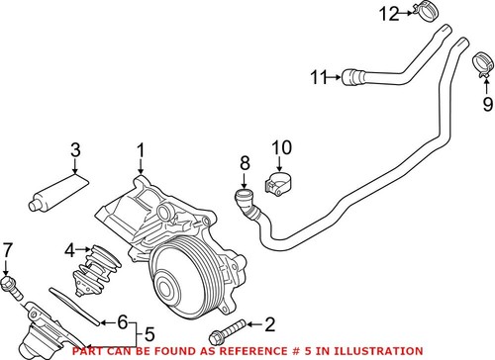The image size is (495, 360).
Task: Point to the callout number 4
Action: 68,248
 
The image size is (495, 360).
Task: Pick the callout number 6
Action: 123,320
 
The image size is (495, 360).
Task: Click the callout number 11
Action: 317,75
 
